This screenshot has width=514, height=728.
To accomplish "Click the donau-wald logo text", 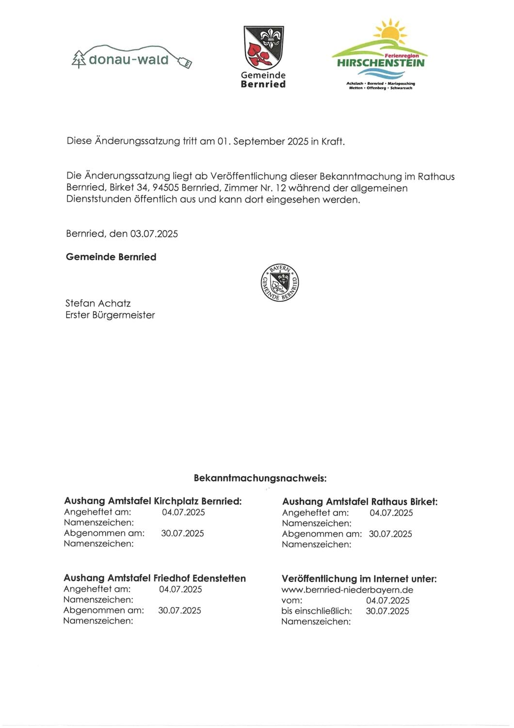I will point(128,60).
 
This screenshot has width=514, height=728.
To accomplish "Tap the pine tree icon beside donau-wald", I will point(79,59).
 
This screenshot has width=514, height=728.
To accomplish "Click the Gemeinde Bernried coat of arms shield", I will point(263,48).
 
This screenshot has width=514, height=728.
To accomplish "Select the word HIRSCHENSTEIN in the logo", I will point(381,63).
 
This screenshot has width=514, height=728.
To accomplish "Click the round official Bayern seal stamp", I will point(280,282).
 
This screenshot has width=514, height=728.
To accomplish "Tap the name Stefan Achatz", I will point(98,303).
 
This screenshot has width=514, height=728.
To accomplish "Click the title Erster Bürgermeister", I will point(110,315).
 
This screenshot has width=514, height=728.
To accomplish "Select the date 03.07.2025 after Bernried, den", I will point(154,234).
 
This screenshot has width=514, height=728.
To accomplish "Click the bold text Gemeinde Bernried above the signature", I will point(111,257).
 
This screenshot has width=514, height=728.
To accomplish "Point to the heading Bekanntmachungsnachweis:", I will point(260,478).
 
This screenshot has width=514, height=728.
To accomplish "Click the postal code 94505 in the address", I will point(166,188).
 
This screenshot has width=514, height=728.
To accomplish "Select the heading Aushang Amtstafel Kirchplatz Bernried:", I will point(153,501).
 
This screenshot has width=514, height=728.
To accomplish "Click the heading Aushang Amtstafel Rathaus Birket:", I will point(360,501).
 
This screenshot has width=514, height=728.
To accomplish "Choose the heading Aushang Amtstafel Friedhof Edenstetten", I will point(155,578).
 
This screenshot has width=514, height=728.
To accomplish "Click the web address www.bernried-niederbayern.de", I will point(347,590).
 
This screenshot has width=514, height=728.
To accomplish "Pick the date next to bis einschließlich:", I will point(387,611).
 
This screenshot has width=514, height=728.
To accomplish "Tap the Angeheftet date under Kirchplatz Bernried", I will point(183,512).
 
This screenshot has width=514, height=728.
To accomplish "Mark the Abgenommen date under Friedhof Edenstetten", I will point(179,611).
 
